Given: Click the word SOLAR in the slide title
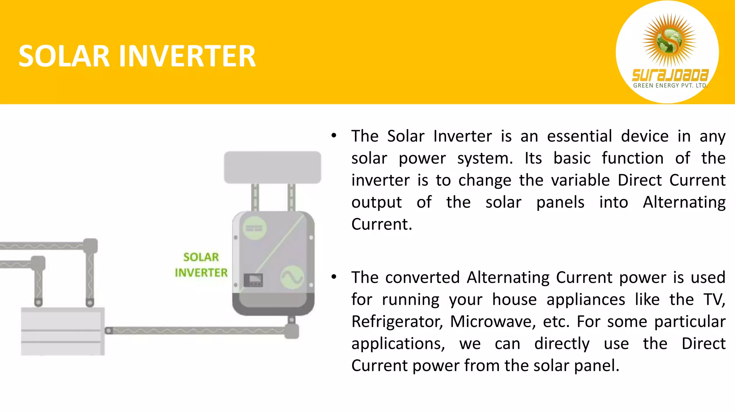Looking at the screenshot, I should [64, 56].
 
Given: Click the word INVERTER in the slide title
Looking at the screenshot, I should [187, 56].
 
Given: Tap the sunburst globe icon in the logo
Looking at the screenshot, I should [669, 40].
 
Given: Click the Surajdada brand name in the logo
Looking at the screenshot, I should [670, 75].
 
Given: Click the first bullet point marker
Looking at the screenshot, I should [334, 136].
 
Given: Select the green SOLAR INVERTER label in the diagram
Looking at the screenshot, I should [201, 265].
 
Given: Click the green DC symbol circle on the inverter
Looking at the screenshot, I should [254, 228].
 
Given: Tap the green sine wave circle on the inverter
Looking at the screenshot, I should [292, 277].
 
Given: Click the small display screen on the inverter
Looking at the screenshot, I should [253, 280].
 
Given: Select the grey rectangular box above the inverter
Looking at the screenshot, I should [272, 167].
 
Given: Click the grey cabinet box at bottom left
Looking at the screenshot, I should [63, 331].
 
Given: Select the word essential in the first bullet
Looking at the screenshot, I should [579, 136].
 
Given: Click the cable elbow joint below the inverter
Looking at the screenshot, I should [292, 331].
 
